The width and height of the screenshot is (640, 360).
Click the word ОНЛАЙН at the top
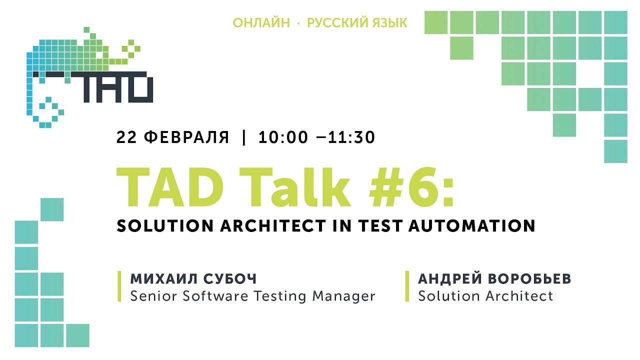pos(261,22)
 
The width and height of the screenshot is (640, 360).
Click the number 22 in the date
pos(126,137)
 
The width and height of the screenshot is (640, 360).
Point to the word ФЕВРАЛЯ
pos(186,137)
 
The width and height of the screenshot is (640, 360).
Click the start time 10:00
pos(283,137)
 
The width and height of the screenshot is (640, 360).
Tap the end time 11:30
pos(351,137)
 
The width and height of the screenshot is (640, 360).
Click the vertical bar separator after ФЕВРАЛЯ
pos(243,137)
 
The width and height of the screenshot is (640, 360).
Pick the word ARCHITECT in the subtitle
pos(273,225)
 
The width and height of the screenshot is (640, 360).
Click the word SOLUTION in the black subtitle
pos(165,225)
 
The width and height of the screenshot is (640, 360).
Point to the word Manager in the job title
pos(343,296)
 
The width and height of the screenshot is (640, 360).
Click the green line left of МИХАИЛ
pos(119,286)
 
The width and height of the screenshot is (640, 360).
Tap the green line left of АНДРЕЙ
pos(407,286)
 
